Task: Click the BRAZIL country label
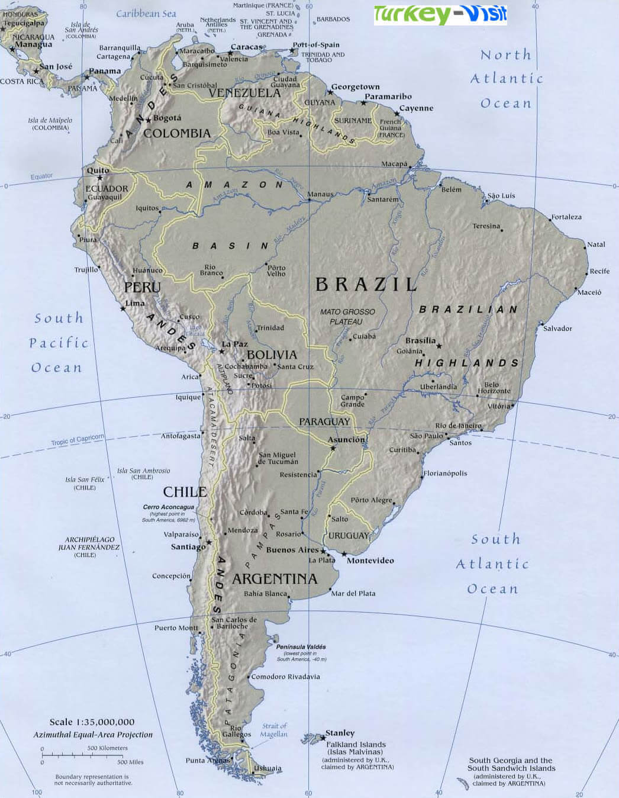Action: [366, 285]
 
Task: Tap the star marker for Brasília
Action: [439, 346]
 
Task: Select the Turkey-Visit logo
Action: [440, 15]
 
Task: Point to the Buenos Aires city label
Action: [292, 550]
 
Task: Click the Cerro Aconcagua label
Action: [169, 507]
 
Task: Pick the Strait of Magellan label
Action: [274, 730]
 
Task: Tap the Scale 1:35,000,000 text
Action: [92, 722]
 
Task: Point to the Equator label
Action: [41, 176]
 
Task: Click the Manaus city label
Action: [320, 194]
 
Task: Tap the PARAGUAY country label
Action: [324, 421]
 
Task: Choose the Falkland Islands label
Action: [356, 745]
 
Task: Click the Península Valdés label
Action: [301, 647]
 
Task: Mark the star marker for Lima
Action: [123, 308]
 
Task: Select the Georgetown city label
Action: [355, 87]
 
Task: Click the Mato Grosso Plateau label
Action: [347, 317]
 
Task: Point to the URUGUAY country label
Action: [349, 536]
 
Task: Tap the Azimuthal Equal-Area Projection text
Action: [93, 735]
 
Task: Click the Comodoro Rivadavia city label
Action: [286, 677]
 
